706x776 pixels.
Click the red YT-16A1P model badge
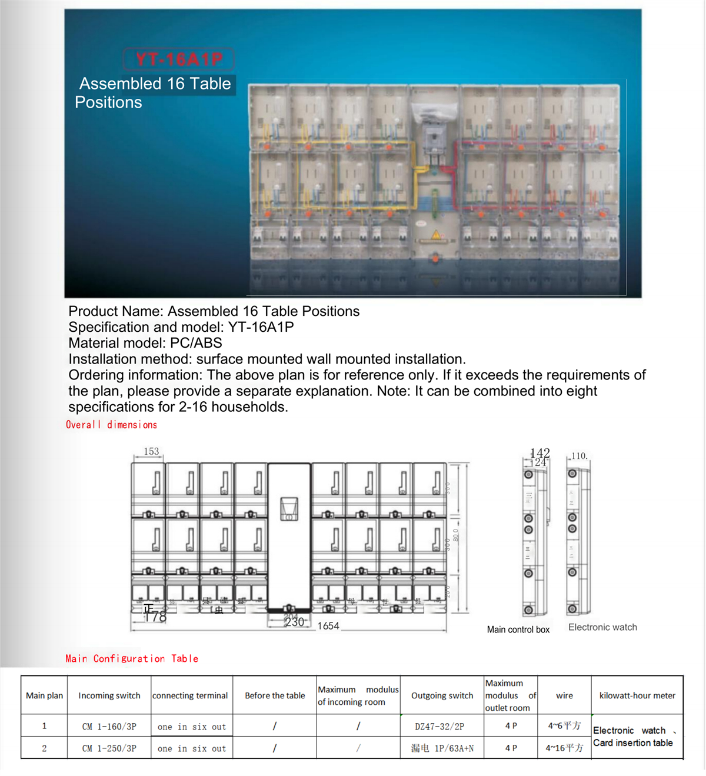point(179,59)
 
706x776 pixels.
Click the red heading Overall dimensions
point(111,425)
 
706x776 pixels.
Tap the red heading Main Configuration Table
point(132,659)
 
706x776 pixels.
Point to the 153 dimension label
point(151,451)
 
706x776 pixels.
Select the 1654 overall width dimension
point(328,626)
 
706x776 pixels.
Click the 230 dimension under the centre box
point(294,622)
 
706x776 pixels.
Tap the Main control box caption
point(518,630)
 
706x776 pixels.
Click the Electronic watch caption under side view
point(602,627)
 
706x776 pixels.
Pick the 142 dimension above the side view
point(540,452)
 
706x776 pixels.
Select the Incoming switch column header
point(109,695)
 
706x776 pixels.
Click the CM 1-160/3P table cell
point(109,727)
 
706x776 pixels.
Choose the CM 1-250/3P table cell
point(109,748)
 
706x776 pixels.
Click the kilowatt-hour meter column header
point(637,695)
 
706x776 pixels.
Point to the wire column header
point(564,695)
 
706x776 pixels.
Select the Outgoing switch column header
point(442,695)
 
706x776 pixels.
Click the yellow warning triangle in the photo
point(435,235)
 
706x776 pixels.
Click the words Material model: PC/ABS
point(145,343)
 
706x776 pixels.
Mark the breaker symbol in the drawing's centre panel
point(289,509)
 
